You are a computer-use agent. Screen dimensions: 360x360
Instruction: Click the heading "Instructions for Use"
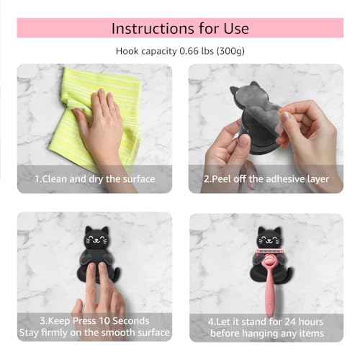click(179, 28)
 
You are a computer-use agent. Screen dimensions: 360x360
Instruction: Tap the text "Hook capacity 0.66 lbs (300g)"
click(179, 51)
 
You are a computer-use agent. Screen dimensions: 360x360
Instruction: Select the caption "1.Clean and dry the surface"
click(94, 179)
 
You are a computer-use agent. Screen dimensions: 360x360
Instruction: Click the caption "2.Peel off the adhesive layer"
click(266, 179)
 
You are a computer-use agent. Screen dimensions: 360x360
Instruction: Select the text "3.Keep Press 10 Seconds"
click(94, 320)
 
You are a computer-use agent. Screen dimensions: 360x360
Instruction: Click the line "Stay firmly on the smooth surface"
click(94, 333)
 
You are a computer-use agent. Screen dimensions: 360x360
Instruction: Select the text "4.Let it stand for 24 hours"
click(266, 320)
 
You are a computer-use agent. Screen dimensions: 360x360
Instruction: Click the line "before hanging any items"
click(266, 333)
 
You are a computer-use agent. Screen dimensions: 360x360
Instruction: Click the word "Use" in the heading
click(235, 28)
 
